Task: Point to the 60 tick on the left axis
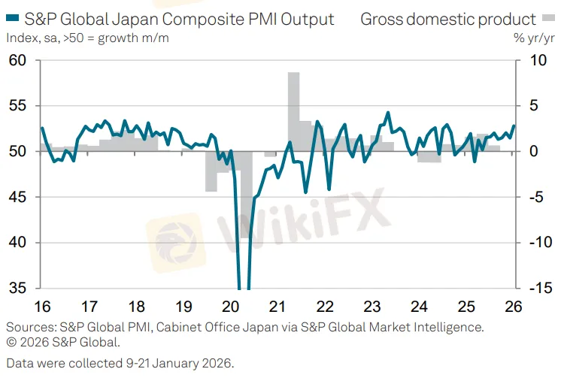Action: (x=17, y=60)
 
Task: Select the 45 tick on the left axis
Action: (x=17, y=197)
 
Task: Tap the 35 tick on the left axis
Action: (x=17, y=288)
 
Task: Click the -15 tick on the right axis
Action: (x=536, y=288)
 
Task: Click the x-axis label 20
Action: (x=231, y=307)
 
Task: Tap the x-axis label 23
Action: (x=372, y=307)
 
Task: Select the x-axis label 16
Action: (x=42, y=307)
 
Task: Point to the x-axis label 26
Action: (x=514, y=307)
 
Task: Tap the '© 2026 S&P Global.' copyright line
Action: (x=62, y=342)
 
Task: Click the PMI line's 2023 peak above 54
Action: (x=388, y=113)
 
